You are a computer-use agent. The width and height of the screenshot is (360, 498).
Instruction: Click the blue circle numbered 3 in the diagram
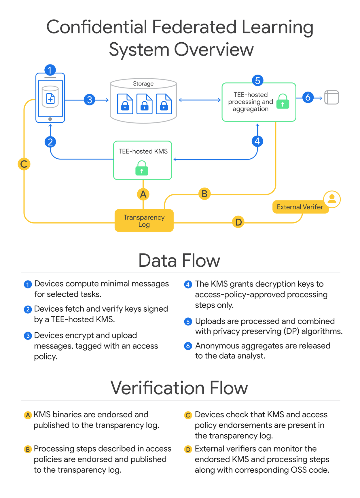[90, 100]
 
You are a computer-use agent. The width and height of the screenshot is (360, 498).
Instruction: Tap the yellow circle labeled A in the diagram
[143, 194]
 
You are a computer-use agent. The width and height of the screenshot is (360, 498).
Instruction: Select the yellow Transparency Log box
[144, 221]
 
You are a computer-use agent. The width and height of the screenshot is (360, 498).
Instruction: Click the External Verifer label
[300, 207]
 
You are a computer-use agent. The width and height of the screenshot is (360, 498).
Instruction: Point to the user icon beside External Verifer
[332, 199]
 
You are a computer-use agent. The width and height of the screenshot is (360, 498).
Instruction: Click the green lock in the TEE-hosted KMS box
[142, 168]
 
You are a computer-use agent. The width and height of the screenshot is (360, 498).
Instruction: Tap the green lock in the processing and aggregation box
[283, 101]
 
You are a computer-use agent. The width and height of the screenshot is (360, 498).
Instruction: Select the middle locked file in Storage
[144, 104]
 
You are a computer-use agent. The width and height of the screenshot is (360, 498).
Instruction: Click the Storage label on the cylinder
[143, 84]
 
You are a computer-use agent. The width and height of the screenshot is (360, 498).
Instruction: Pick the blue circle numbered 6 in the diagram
[308, 97]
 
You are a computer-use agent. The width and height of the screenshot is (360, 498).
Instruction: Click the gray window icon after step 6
[331, 97]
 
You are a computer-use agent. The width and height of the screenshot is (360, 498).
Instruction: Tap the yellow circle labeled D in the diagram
[238, 222]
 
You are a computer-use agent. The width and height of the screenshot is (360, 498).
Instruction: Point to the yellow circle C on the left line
[24, 164]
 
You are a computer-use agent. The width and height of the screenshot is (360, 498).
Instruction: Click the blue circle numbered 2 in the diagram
[50, 142]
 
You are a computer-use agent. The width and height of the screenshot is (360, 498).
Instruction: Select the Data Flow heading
[179, 260]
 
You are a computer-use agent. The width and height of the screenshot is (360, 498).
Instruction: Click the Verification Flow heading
[179, 388]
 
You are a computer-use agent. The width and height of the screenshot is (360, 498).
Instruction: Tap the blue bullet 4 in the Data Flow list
[188, 285]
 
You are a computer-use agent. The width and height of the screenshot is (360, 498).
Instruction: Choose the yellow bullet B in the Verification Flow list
[28, 449]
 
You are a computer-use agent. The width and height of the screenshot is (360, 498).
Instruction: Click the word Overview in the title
[214, 49]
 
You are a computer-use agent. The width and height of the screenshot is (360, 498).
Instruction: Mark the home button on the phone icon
[50, 119]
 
